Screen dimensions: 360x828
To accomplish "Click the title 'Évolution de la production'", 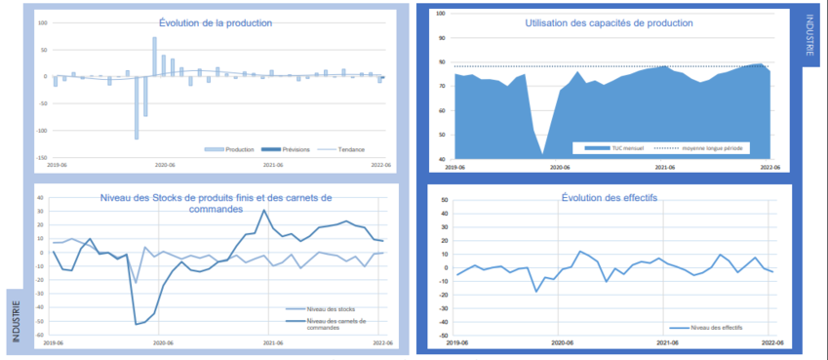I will [x=216, y=22].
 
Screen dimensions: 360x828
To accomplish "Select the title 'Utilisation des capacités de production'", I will [x=609, y=22].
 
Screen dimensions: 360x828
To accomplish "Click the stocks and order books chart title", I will [x=216, y=204].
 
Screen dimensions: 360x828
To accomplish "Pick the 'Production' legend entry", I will [x=234, y=149].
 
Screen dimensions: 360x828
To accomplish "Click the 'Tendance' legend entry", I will [x=346, y=149].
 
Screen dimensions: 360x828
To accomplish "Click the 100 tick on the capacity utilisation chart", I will [x=442, y=14].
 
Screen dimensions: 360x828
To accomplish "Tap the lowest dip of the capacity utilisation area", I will [x=542, y=154].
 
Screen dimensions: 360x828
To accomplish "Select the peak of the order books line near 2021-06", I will [x=264, y=210].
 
